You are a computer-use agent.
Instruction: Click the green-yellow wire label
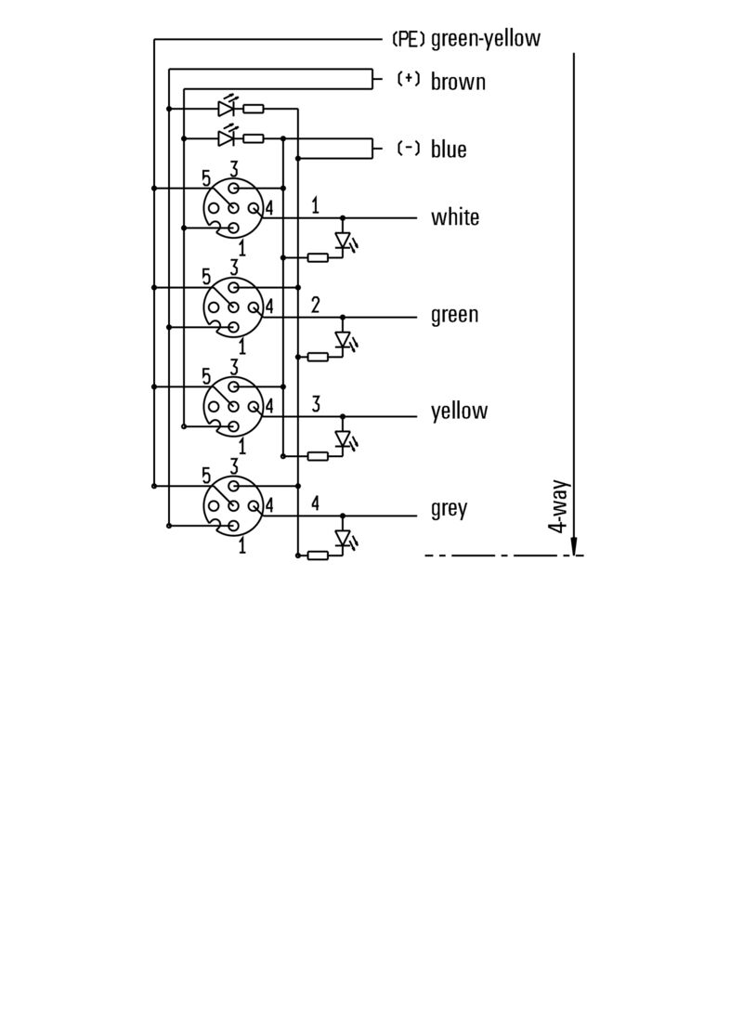[485, 39]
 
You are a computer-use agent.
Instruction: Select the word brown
[458, 82]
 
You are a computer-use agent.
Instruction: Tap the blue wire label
[449, 150]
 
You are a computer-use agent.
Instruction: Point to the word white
[455, 217]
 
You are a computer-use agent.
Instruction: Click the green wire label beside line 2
[454, 315]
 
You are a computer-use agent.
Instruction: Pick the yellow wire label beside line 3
[459, 412]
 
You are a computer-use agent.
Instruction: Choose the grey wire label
[449, 509]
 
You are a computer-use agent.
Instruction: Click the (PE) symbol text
[409, 39]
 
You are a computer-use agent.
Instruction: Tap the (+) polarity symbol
[408, 80]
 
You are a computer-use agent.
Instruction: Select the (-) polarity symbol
[408, 148]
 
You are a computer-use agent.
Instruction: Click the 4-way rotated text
[558, 506]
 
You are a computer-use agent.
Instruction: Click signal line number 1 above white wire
[316, 205]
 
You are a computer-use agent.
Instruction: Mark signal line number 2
[316, 304]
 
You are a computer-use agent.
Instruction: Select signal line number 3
[316, 403]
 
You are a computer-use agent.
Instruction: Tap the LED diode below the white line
[343, 242]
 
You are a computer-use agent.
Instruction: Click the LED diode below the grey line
[343, 539]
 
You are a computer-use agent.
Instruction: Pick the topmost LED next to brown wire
[226, 109]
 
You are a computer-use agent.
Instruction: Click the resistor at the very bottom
[318, 555]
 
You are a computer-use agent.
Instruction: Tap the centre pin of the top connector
[233, 208]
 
